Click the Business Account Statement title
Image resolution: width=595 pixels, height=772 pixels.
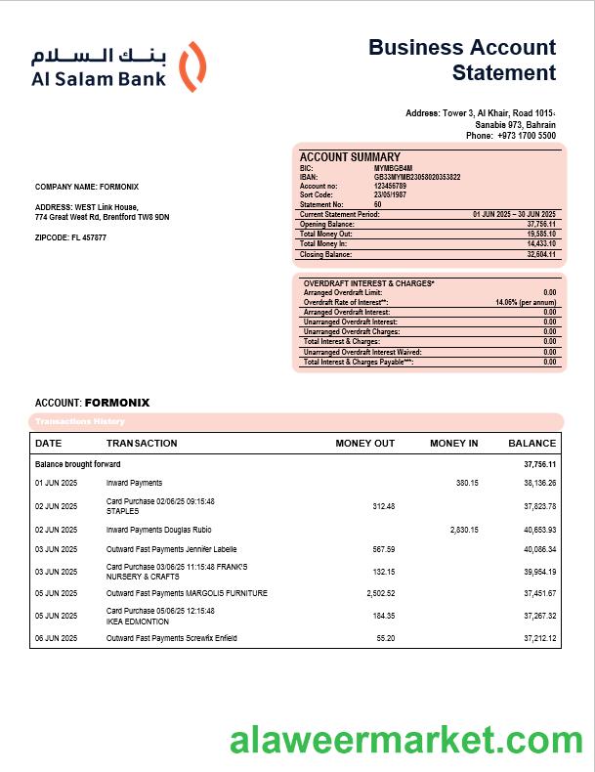462,60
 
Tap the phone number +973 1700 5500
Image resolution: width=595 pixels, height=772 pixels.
526,136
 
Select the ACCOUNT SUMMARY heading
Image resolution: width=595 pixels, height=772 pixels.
350,157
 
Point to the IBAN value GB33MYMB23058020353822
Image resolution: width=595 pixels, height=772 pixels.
417,177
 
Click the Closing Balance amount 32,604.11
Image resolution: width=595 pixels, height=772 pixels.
540,254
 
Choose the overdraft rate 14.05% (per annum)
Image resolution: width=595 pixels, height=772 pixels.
526,302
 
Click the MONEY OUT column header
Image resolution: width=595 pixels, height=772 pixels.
365,444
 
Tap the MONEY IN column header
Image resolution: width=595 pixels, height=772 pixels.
454,444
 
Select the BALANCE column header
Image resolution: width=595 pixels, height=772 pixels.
531,444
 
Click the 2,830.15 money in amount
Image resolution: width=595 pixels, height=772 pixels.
464,530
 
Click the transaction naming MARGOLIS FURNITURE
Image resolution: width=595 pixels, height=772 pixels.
187,593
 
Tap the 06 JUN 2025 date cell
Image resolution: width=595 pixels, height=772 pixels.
57,638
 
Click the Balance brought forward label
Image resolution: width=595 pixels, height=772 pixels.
78,464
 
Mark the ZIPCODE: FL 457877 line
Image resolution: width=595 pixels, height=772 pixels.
70,237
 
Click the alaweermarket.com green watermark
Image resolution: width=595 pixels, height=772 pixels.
406,741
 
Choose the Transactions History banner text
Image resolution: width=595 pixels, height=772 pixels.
80,421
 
